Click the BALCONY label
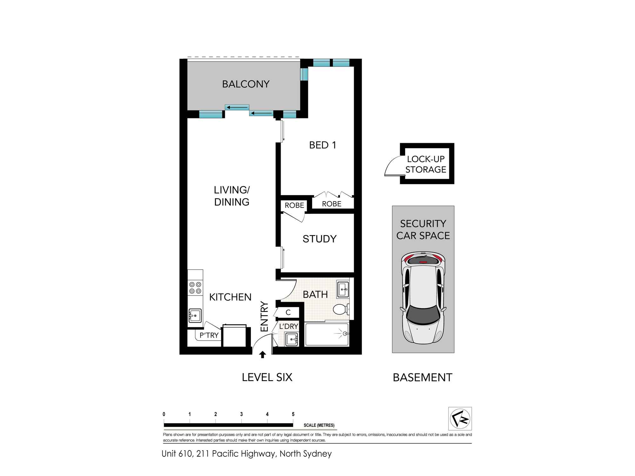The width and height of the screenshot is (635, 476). click(x=246, y=84)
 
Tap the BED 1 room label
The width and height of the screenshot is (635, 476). click(x=323, y=145)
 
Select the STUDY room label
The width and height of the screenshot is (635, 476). click(x=319, y=239)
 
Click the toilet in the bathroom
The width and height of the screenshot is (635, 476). click(x=341, y=309)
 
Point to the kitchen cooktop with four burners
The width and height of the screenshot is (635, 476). click(x=195, y=288)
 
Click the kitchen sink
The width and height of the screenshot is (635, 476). click(x=195, y=315)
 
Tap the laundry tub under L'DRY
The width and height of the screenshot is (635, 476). click(x=291, y=339)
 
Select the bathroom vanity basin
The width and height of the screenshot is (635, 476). click(x=343, y=289)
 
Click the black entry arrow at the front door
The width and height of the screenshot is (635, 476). click(x=263, y=354)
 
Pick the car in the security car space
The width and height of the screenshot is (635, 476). click(x=423, y=298)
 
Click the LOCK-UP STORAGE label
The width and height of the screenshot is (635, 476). click(x=426, y=164)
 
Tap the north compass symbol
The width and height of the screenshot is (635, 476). click(x=460, y=419)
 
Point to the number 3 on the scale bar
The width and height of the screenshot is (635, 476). click(x=241, y=414)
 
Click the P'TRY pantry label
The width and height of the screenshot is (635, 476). click(x=209, y=335)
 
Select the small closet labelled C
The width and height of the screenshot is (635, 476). click(x=288, y=312)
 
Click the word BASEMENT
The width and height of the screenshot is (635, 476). click(x=423, y=377)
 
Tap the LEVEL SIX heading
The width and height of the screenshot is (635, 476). click(x=267, y=377)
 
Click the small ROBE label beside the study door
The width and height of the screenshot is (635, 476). click(x=294, y=205)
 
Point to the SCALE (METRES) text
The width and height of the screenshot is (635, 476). click(x=319, y=425)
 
